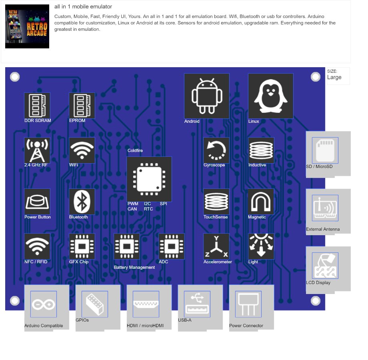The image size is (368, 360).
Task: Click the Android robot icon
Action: (206, 96)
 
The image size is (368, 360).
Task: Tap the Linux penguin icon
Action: (271, 96)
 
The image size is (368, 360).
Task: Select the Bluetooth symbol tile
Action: (82, 202)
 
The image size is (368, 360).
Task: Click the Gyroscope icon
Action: (216, 150)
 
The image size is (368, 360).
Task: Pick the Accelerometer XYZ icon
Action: (216, 246)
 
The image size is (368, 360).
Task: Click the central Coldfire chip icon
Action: (149, 179)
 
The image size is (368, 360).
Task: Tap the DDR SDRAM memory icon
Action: (37, 106)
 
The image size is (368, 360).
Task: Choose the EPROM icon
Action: (82, 106)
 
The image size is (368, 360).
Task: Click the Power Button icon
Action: (37, 202)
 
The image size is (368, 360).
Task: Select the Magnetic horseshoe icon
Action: (261, 202)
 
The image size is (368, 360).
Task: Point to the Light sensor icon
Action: (261, 246)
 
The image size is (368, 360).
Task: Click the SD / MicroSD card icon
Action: (325, 150)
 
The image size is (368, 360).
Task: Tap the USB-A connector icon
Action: (197, 304)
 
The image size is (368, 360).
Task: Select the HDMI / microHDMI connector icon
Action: (146, 304)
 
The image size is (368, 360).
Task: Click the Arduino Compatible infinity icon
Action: (44, 304)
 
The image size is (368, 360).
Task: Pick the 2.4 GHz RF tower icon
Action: (37, 150)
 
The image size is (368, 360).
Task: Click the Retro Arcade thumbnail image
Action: (27, 27)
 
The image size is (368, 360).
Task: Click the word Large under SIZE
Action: (334, 77)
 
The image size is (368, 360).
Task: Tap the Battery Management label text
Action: (134, 267)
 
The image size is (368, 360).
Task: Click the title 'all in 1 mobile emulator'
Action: (83, 7)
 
